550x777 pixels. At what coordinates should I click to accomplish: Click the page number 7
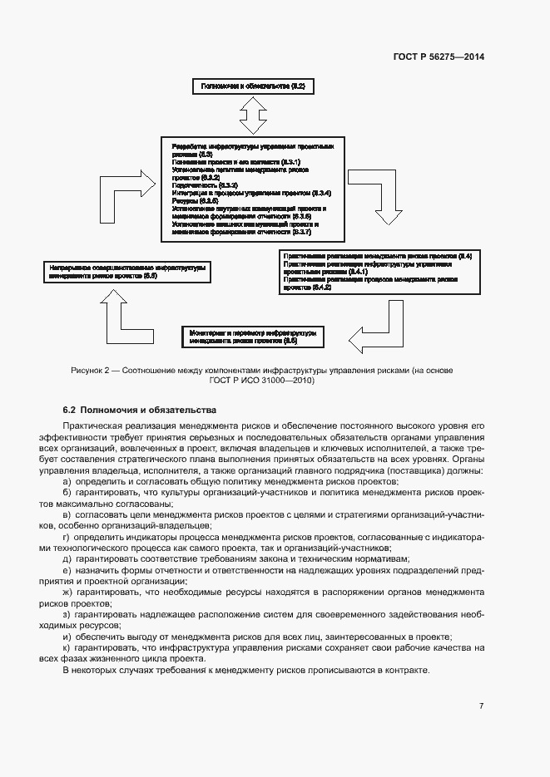[x=481, y=706]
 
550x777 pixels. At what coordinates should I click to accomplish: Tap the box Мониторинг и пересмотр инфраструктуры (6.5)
[x=253, y=337]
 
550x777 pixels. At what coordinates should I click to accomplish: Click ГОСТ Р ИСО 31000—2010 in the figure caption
[x=257, y=381]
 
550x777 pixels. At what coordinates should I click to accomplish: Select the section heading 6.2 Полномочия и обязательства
[x=140, y=410]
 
